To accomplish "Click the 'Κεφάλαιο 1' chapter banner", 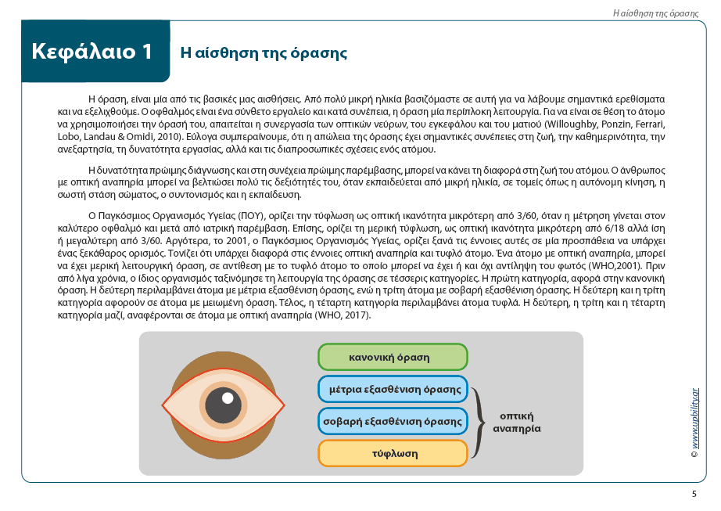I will (92, 52).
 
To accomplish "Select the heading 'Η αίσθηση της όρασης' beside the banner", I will (264, 53).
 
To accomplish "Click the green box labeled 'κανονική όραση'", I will (392, 358).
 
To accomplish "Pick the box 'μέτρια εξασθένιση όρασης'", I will (392, 390).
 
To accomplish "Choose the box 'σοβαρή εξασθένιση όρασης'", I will (392, 421).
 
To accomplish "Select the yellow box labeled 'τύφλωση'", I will (392, 453).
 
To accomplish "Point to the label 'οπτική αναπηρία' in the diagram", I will (516, 423).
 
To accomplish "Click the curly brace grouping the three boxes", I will (478, 422).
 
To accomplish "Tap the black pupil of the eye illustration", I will (223, 405).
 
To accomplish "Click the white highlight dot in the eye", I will (228, 398).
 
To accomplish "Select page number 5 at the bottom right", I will (694, 494).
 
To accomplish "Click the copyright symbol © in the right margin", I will (694, 453).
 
